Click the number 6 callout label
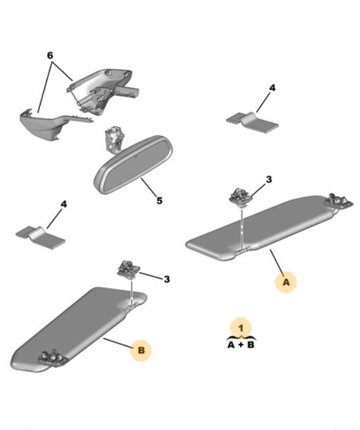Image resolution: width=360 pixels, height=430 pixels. (50, 55)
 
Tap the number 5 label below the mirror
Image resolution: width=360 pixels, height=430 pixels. (159, 200)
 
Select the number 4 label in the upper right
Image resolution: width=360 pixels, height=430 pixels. (272, 88)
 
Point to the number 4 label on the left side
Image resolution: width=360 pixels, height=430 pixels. (64, 204)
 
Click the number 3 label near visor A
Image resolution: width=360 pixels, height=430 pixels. (269, 180)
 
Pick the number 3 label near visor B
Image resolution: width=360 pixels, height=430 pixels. (167, 279)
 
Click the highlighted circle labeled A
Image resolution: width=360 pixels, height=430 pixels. (286, 282)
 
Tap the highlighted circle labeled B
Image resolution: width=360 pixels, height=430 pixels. (141, 351)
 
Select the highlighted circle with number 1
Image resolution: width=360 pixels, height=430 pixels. (241, 328)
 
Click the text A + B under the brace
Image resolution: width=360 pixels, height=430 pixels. (241, 345)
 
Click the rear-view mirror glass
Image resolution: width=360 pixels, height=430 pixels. (134, 164)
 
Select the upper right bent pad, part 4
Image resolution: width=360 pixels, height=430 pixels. (252, 122)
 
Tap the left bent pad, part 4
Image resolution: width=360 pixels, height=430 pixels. (41, 238)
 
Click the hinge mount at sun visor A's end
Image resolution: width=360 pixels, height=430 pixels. (338, 202)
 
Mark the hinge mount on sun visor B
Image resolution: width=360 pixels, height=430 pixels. (53, 358)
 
